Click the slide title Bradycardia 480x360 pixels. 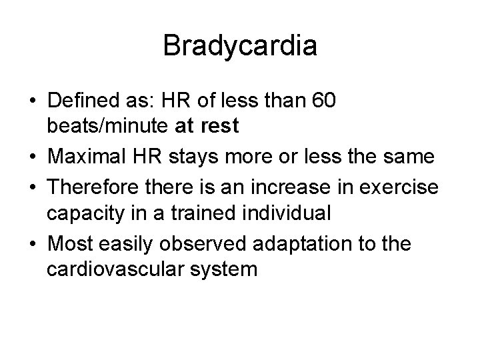point(240,46)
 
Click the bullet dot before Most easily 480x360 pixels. point(33,243)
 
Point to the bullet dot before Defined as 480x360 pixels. point(33,102)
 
